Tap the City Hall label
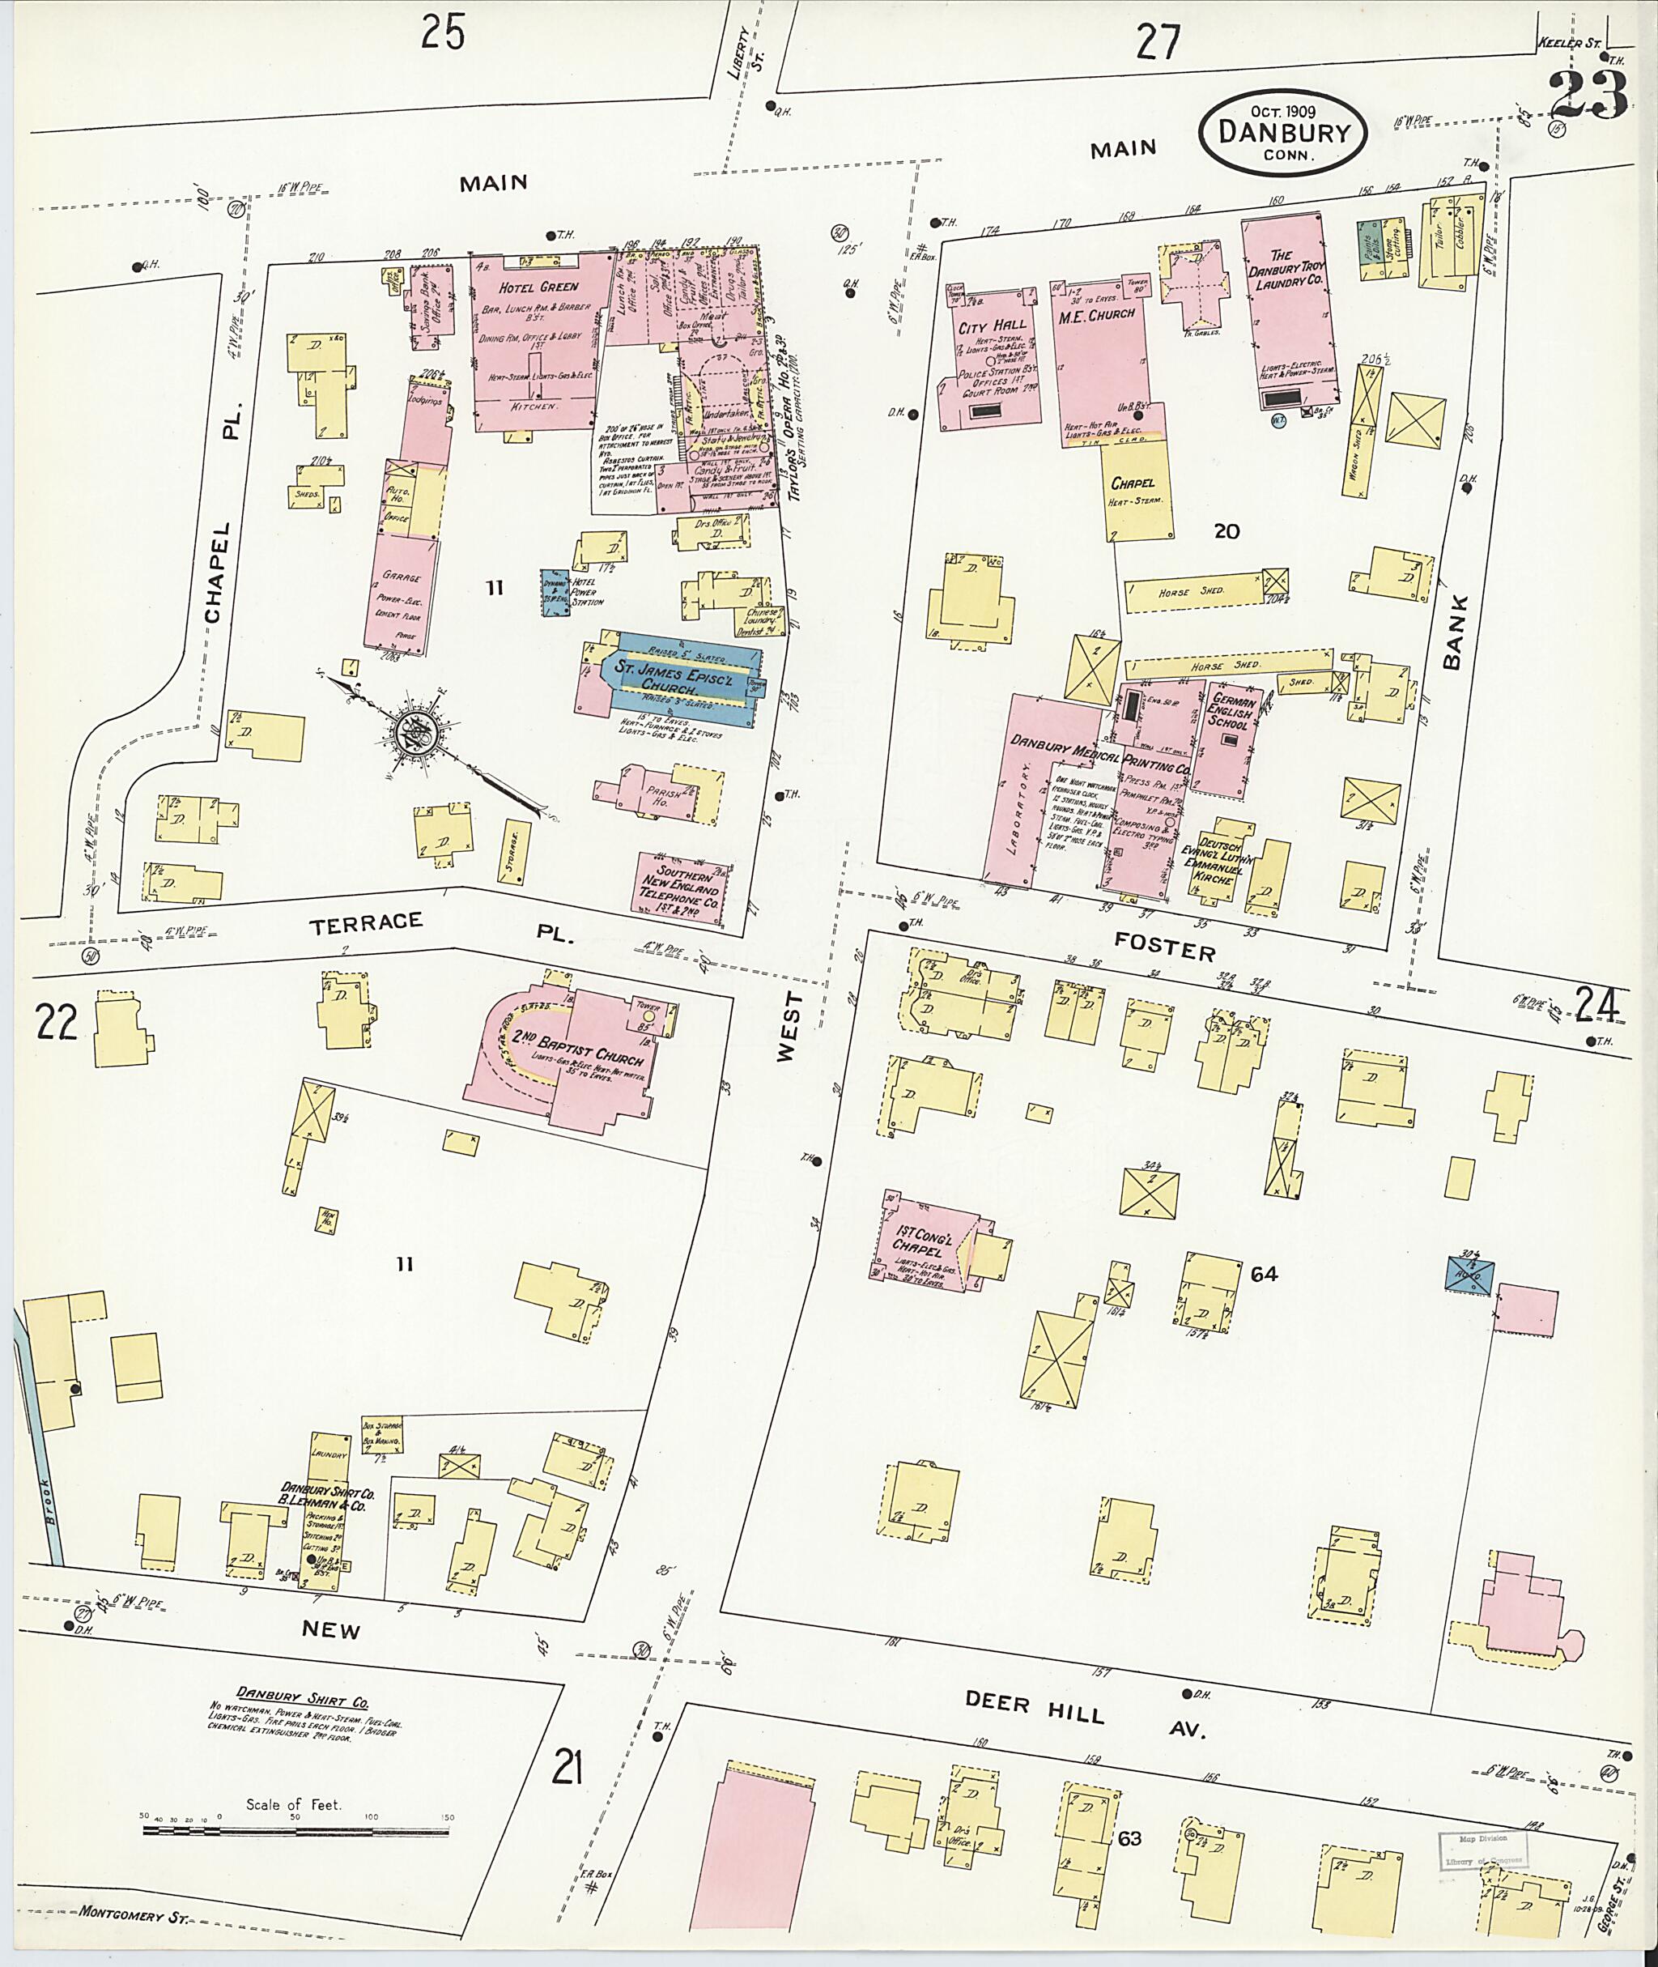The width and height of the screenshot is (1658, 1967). pos(986,327)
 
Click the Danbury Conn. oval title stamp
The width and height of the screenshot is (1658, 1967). pos(1283,133)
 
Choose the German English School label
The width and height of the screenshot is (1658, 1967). pos(1231,713)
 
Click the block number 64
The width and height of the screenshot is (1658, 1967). pos(1265,1274)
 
